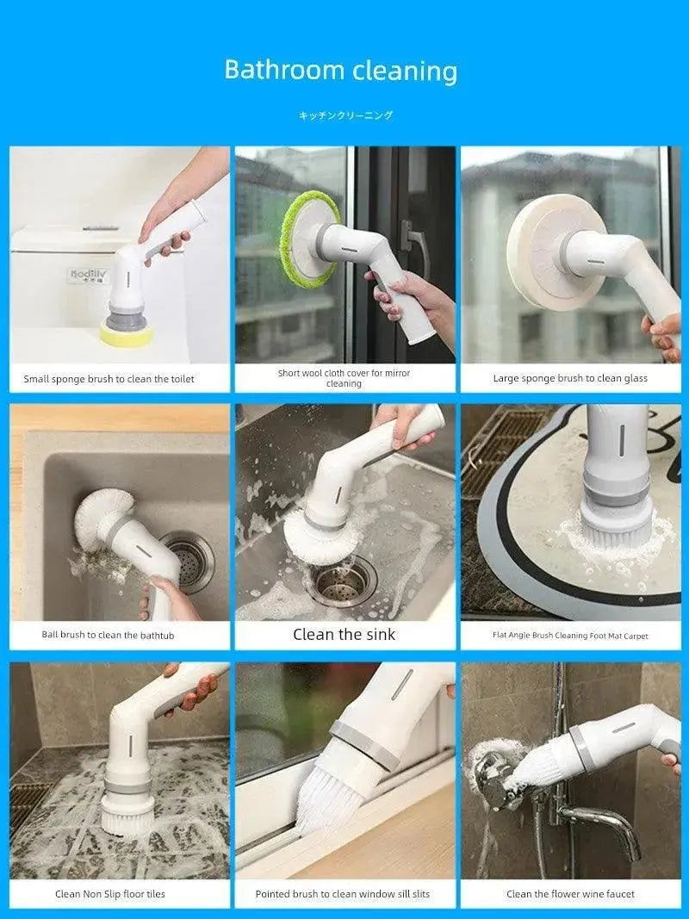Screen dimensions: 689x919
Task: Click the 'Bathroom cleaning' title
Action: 340,71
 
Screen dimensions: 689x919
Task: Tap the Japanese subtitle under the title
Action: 345,115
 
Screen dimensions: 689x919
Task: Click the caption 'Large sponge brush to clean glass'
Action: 570,379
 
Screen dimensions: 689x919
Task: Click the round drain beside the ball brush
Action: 189,562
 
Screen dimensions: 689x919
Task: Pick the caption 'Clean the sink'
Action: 344,634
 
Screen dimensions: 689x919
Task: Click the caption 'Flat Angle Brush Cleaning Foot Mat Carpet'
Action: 570,636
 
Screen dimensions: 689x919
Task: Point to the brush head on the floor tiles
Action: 127,816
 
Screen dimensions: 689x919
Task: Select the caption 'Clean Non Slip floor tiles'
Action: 110,894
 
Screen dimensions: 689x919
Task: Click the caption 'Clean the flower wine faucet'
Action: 570,894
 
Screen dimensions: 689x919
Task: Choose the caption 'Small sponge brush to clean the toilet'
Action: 109,379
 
